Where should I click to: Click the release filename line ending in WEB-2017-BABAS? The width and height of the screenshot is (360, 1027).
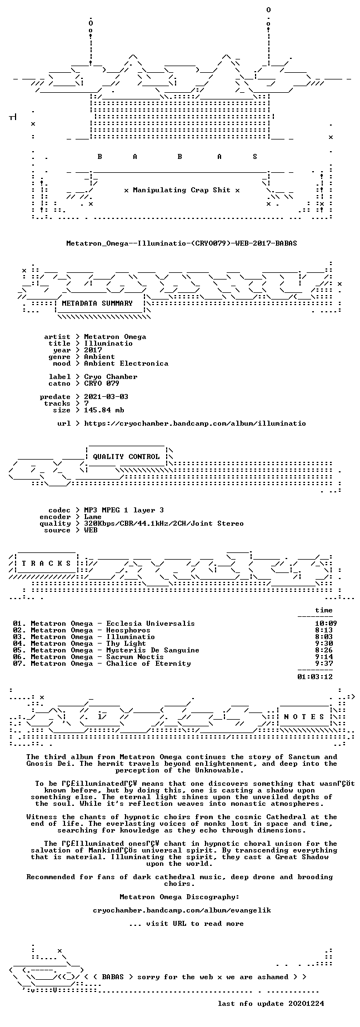(182, 243)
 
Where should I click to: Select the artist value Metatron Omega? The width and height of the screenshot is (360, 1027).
(115, 336)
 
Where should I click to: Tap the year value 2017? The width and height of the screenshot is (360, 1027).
(93, 350)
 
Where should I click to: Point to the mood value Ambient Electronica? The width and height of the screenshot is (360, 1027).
(126, 363)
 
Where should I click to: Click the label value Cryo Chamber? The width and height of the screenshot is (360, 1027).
(111, 376)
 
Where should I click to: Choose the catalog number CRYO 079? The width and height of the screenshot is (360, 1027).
(102, 383)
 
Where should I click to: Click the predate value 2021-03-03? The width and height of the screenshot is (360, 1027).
(106, 396)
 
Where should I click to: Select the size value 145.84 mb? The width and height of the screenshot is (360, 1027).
(104, 410)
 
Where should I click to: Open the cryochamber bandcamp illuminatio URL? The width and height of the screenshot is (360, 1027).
(195, 423)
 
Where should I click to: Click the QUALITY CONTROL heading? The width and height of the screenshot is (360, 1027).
(126, 457)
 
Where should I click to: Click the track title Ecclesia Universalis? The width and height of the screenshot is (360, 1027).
(151, 623)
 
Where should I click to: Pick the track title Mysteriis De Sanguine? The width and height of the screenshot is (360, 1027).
(153, 650)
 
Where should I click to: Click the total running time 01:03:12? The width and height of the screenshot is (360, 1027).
(315, 676)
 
